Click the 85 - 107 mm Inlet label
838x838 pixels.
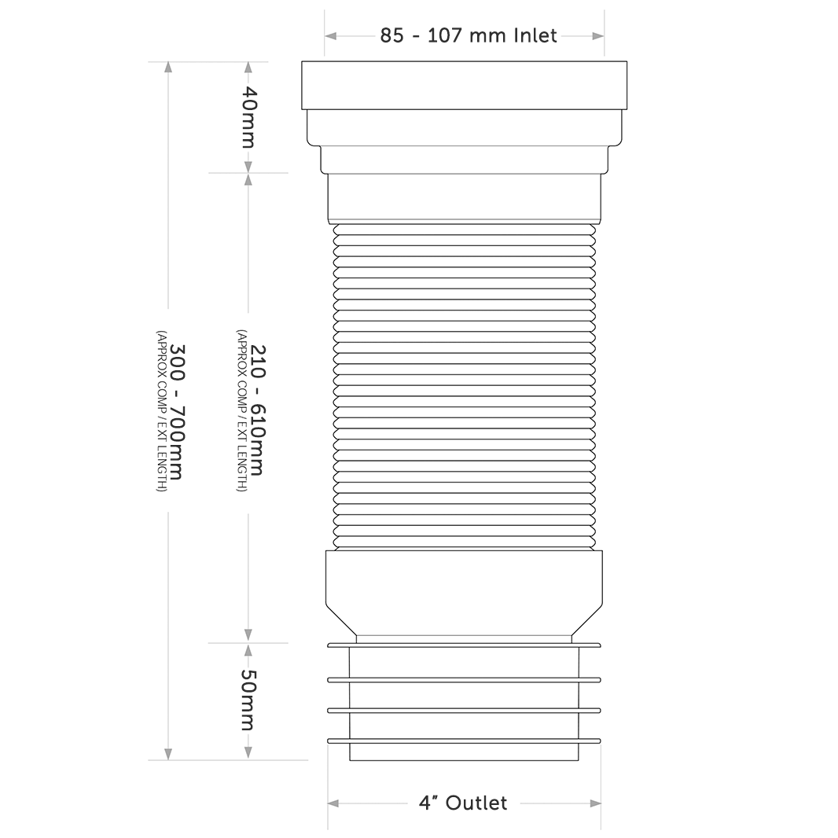[469, 35]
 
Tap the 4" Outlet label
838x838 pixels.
[463, 803]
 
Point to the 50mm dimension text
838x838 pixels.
[248, 700]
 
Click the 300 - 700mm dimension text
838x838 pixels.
[176, 411]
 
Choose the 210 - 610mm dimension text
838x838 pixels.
[255, 411]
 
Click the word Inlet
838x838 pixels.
[535, 35]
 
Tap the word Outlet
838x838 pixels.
[476, 803]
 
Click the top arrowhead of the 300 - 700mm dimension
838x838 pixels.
[167, 67]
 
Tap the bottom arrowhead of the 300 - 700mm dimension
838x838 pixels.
[167, 754]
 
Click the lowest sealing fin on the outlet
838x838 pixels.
[464, 741]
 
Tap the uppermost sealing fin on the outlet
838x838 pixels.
[464, 645]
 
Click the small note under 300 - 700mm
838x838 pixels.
[160, 411]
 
